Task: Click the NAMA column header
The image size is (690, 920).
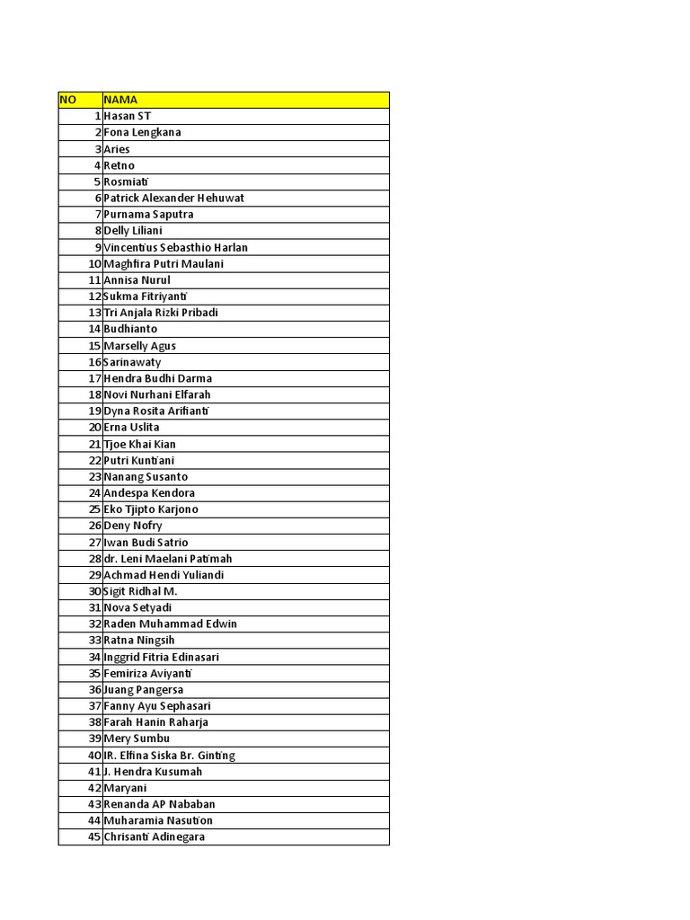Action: point(120,100)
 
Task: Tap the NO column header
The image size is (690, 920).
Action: point(68,100)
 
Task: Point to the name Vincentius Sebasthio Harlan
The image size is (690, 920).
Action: point(175,248)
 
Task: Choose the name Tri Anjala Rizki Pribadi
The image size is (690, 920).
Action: point(161,313)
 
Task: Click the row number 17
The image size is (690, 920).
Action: point(94,378)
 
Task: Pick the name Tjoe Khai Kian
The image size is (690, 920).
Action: point(139,444)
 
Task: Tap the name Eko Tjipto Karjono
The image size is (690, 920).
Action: point(151,509)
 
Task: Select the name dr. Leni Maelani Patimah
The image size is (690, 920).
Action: point(168,559)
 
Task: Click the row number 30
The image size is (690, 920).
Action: point(94,591)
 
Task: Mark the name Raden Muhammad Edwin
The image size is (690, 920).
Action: point(170,624)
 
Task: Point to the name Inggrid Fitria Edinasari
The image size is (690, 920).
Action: point(161,657)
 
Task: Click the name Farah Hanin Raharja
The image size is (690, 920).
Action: point(155,722)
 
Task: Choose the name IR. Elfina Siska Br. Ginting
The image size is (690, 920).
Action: point(169,756)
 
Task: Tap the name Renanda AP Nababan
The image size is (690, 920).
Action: point(159,804)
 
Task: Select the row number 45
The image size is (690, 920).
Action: point(94,837)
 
